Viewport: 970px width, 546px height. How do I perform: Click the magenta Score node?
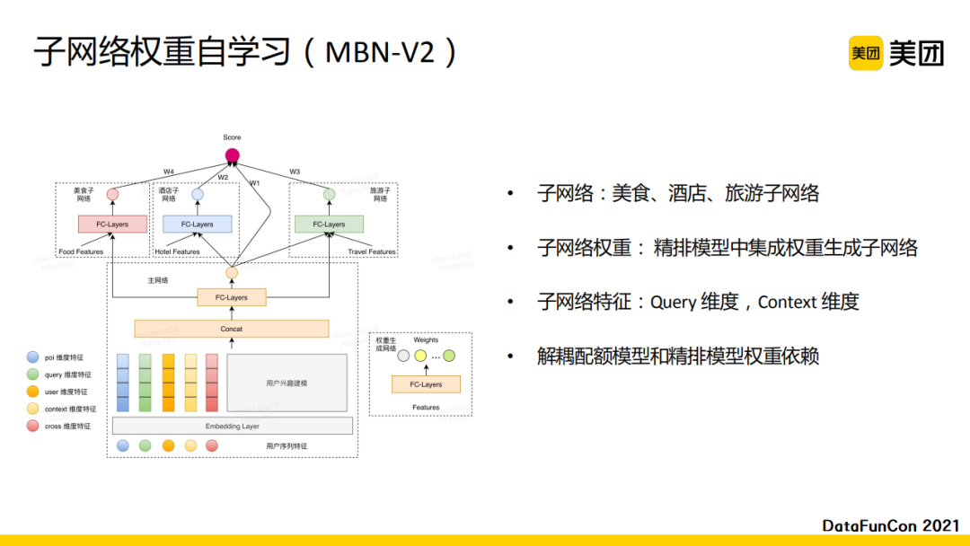232,155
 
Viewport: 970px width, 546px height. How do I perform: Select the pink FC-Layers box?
111,224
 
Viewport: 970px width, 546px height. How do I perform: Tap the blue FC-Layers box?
197,224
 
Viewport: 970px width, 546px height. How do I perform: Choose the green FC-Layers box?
329,224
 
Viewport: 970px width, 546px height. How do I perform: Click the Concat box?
232,329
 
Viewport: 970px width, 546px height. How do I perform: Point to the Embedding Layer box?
232,426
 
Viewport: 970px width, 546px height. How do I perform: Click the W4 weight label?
169,172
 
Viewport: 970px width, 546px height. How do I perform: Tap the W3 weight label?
295,172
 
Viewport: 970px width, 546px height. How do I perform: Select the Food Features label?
81,251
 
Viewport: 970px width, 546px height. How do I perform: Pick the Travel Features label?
372,251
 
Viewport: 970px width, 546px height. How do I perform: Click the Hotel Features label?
177,251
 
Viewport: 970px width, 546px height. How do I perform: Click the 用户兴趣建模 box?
287,383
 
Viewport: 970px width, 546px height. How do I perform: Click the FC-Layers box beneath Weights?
426,384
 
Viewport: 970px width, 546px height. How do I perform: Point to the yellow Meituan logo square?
866,53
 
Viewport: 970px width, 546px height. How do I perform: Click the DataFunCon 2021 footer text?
891,524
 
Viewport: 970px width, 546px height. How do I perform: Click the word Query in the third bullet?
673,302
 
